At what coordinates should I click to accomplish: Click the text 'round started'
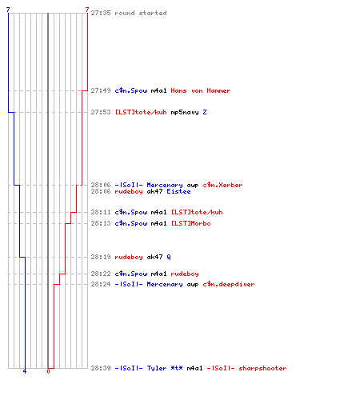pos(141,13)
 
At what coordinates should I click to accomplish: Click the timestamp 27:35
pos(101,13)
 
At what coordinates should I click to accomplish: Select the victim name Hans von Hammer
pos(201,90)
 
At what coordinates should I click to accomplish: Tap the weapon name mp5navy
pos(185,113)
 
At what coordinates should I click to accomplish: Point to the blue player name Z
pos(205,112)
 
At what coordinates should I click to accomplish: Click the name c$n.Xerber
pos(222,185)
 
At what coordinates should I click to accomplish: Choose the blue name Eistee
pos(178,191)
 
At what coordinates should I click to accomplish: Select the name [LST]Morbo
pos(190,223)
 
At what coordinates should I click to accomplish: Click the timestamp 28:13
pos(101,223)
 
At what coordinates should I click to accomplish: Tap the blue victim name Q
pos(169,257)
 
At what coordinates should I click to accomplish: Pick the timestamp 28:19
pos(101,257)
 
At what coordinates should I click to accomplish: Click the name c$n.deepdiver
pos(229,284)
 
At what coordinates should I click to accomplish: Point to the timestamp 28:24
pos(101,284)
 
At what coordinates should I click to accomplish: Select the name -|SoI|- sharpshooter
pos(246,368)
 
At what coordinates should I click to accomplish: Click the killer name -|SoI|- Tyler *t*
pos(149,368)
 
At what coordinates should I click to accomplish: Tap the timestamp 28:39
pos(101,368)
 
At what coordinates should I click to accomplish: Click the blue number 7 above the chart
pos(8,10)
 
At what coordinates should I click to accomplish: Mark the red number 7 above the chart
pos(87,10)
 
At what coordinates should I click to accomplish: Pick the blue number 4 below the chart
pos(25,371)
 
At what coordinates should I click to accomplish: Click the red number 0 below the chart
pos(48,371)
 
